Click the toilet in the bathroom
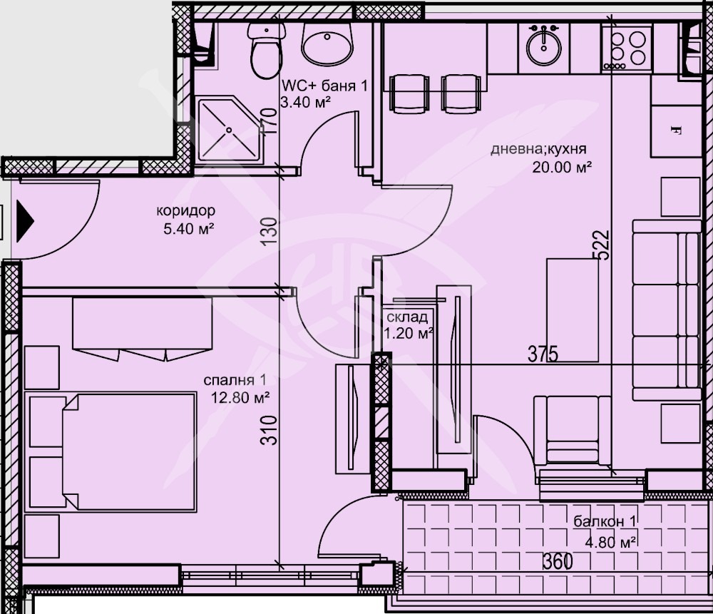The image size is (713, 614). click(x=266, y=50)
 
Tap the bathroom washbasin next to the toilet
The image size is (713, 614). click(x=327, y=44)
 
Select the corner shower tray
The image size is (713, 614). click(x=229, y=129)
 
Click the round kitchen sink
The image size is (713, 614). click(x=544, y=46)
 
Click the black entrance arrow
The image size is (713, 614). click(x=25, y=221)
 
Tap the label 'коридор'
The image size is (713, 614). click(x=185, y=210)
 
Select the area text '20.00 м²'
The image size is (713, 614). click(x=562, y=168)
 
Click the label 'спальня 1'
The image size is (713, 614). click(x=235, y=380)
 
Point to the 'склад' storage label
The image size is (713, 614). click(x=407, y=317)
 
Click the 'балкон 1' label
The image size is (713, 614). click(x=605, y=521)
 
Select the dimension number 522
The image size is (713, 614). click(x=602, y=245)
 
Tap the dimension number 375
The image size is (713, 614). click(x=543, y=354)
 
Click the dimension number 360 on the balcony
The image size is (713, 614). click(x=558, y=562)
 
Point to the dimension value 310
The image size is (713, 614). click(x=269, y=430)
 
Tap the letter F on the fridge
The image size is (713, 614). click(x=676, y=131)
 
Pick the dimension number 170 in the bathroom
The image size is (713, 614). click(x=270, y=121)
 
